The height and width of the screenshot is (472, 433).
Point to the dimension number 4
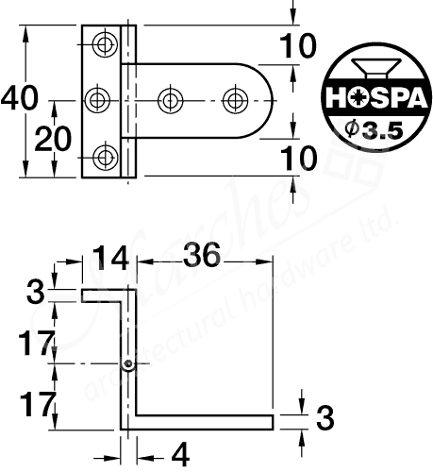[x=180, y=454]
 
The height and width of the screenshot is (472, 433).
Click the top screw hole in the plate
[x=105, y=43]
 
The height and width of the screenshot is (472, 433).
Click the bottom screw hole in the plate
[x=105, y=154]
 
